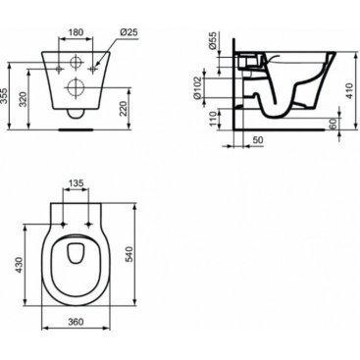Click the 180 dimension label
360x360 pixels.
click(76, 32)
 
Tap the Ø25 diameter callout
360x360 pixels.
click(129, 32)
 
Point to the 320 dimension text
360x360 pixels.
click(23, 99)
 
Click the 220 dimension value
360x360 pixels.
click(123, 108)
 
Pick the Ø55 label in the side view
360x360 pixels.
click(213, 41)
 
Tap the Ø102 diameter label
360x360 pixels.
click(197, 88)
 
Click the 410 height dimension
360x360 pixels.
click(349, 91)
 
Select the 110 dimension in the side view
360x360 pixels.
click(213, 119)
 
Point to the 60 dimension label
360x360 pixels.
click(333, 125)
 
